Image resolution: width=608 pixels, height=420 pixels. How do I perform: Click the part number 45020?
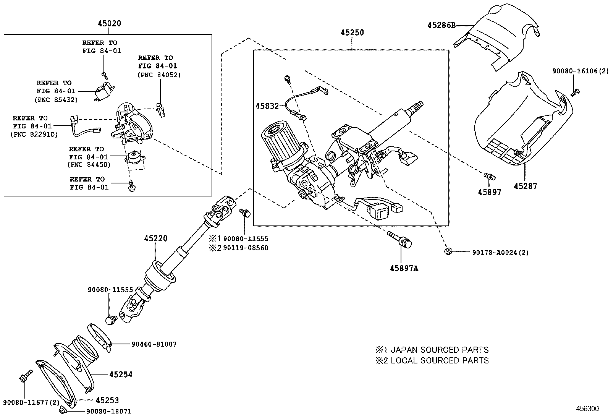pyautogui.click(x=109, y=24)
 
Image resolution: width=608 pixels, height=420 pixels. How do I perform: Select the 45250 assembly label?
pyautogui.click(x=352, y=33)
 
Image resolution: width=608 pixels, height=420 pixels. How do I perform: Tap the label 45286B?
pyautogui.click(x=441, y=25)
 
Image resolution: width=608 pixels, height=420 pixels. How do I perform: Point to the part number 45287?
pyautogui.click(x=525, y=186)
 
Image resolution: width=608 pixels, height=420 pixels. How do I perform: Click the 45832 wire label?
pyautogui.click(x=267, y=106)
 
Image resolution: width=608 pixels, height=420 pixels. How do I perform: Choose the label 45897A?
pyautogui.click(x=404, y=268)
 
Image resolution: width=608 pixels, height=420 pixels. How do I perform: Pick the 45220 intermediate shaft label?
pyautogui.click(x=155, y=238)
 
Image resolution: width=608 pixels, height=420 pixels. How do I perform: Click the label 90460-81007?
pyautogui.click(x=154, y=344)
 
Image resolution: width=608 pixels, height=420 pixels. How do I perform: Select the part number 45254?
pyautogui.click(x=121, y=375)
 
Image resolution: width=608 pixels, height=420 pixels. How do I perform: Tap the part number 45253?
pyautogui.click(x=107, y=400)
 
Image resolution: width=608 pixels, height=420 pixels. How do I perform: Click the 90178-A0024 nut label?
pyautogui.click(x=500, y=253)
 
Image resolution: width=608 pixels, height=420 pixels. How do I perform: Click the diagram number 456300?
pyautogui.click(x=587, y=409)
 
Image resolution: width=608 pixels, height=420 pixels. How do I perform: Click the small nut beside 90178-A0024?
pyautogui.click(x=448, y=251)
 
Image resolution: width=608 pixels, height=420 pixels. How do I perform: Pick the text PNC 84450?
pyautogui.click(x=89, y=165)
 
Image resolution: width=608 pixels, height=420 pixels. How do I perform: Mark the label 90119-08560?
pyautogui.click(x=246, y=248)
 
